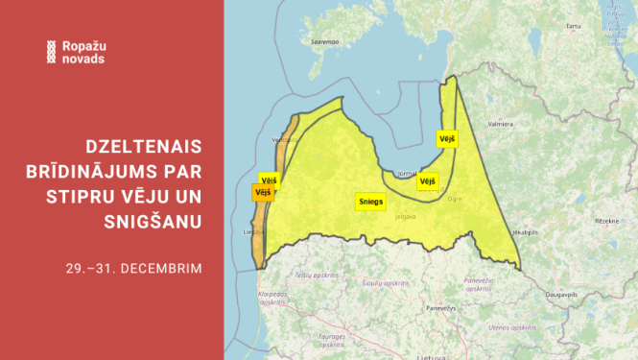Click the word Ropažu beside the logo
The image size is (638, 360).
(83, 46)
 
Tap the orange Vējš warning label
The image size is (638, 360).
(262, 192)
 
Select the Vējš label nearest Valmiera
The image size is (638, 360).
(446, 138)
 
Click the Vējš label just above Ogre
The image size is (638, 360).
(428, 180)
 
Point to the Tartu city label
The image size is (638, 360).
(575, 26)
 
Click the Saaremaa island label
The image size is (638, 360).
(324, 42)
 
